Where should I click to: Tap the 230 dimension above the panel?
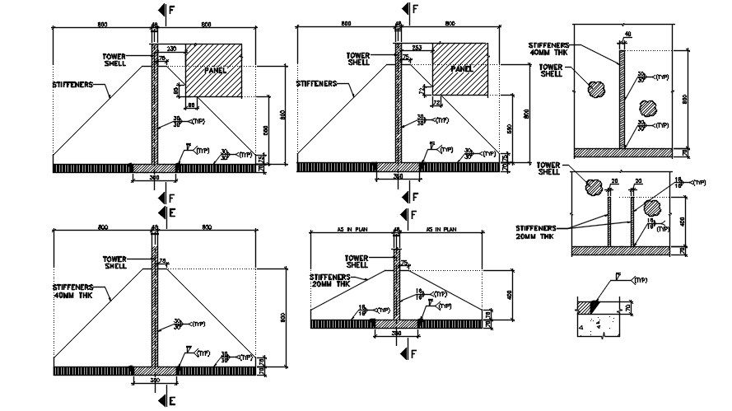pos(171,49)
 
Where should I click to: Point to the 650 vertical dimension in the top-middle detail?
pos(510,129)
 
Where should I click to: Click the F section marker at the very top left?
pos(171,10)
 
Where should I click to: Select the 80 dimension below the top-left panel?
pos(191,105)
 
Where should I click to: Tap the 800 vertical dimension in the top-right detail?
pos(684,99)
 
